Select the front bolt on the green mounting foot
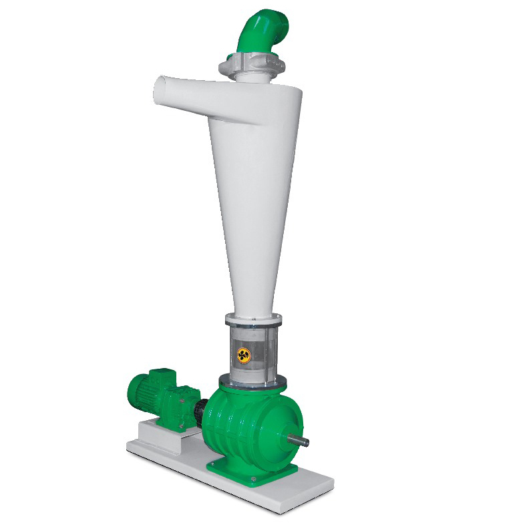click(x=252, y=480)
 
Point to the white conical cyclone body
click(x=250, y=187)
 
